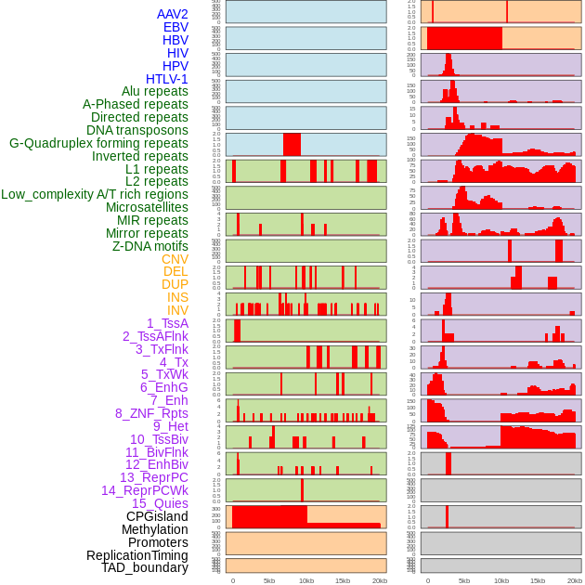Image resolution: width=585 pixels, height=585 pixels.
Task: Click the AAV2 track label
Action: tap(173, 14)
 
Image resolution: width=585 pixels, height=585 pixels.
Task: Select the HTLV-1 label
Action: tap(167, 79)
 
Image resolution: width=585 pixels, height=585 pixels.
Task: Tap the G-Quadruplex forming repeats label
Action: tap(98, 144)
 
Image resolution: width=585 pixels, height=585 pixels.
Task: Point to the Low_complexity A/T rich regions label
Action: tap(95, 194)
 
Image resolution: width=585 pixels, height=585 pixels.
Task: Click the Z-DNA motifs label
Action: tap(150, 246)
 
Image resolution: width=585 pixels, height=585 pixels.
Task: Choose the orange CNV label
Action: tap(175, 259)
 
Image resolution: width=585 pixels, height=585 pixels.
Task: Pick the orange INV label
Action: tap(177, 310)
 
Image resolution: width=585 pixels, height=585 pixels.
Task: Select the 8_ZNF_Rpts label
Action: tap(151, 413)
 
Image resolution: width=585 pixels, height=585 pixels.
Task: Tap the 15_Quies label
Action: tap(160, 503)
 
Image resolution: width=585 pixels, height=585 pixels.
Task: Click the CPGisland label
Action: tap(157, 516)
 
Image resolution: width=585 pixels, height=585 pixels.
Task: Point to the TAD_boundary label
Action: tap(145, 567)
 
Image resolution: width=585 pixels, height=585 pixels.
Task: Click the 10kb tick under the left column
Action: tap(305, 580)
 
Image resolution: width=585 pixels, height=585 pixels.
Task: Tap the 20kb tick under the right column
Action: tap(574, 580)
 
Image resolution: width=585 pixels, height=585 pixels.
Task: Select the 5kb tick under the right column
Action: tap(464, 580)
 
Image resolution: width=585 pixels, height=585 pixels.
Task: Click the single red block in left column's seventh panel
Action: tap(292, 145)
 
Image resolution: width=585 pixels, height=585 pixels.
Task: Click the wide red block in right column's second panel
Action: tap(464, 38)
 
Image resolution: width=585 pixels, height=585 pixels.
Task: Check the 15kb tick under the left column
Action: tap(343, 580)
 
